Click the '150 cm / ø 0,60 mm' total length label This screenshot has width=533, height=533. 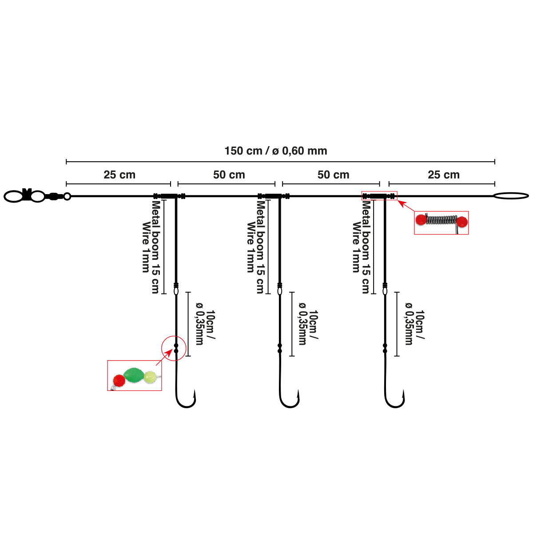click(x=275, y=151)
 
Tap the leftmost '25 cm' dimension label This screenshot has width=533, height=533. click(x=119, y=175)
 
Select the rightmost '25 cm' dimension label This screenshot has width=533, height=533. click(x=443, y=175)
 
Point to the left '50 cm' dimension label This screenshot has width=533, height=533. click(x=229, y=175)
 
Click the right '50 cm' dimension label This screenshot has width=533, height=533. click(x=333, y=175)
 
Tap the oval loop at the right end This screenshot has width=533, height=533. click(x=511, y=195)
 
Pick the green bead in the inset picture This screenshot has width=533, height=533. click(x=133, y=375)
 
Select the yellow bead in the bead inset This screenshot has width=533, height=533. click(x=150, y=377)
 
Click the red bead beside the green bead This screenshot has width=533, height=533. click(x=119, y=380)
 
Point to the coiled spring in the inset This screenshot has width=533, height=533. click(x=442, y=219)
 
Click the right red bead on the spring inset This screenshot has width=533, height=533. click(x=462, y=222)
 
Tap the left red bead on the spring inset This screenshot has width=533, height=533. click(x=421, y=219)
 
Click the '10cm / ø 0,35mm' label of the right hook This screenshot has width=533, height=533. click(x=414, y=327)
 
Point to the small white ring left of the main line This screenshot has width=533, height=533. click(x=67, y=196)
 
